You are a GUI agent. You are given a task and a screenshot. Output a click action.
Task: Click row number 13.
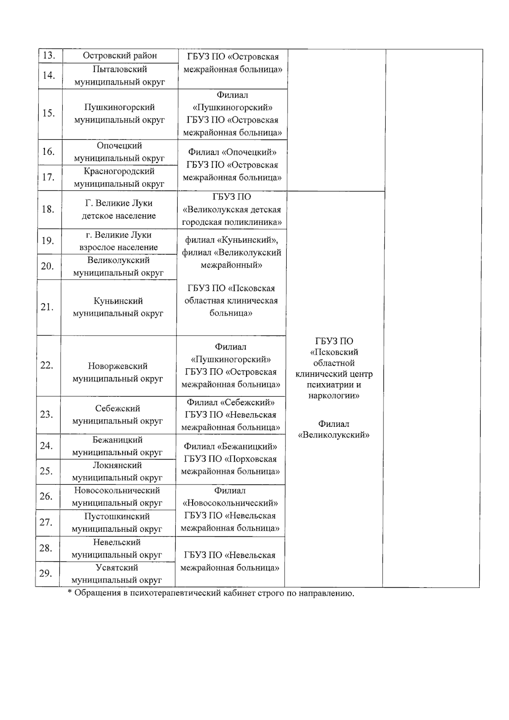(49, 56)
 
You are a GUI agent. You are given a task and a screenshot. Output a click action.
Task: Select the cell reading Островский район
(120, 56)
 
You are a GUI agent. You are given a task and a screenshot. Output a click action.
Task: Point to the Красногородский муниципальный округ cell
(119, 178)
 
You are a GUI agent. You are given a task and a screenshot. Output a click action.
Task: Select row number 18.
(48, 209)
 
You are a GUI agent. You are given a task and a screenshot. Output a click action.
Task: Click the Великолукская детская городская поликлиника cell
(232, 210)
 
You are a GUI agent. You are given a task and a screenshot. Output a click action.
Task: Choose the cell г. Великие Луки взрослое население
(118, 241)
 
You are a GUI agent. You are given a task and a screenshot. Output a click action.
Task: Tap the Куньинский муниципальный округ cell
(118, 307)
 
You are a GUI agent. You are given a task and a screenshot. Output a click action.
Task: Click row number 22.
(47, 365)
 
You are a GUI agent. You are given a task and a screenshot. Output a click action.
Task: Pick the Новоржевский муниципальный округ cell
(118, 372)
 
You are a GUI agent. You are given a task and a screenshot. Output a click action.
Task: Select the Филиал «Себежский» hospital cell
(230, 415)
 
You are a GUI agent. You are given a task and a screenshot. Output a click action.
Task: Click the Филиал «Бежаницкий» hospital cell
(230, 459)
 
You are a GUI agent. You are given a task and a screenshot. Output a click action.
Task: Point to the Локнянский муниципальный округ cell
(117, 471)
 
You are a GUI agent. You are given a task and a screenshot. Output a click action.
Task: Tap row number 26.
(46, 496)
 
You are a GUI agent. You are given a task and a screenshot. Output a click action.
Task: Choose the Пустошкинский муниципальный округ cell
(117, 523)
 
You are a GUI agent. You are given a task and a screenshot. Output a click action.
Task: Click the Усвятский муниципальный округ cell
(117, 574)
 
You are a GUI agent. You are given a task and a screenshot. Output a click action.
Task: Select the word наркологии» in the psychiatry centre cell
(334, 396)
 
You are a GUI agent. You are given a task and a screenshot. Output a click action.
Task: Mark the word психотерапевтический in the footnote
(175, 593)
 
